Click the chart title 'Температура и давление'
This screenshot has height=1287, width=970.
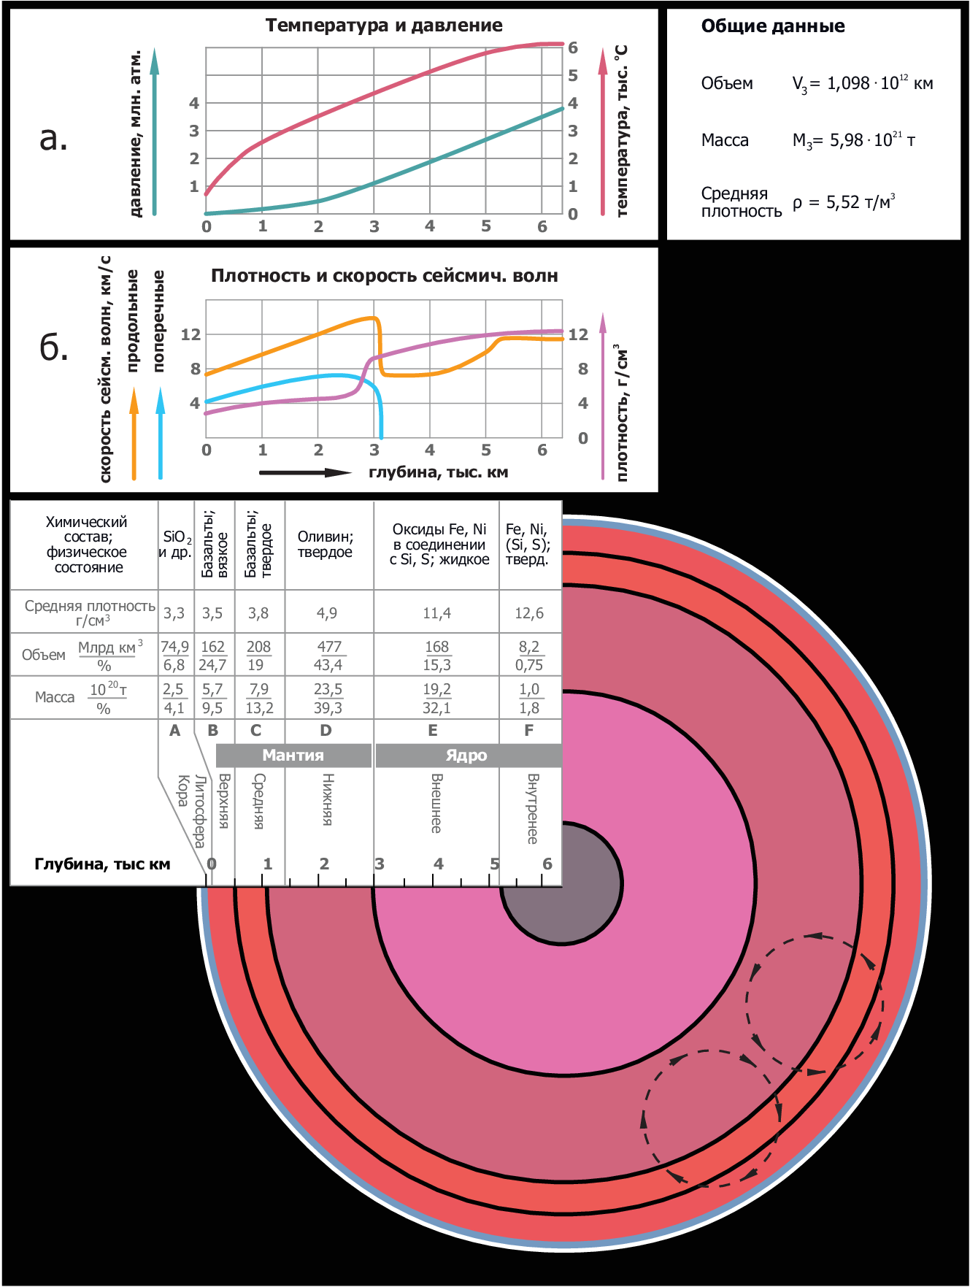pyautogui.click(x=384, y=26)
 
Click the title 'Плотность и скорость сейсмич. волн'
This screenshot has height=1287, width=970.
pyautogui.click(x=384, y=276)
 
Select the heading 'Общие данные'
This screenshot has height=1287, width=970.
pyautogui.click(x=773, y=26)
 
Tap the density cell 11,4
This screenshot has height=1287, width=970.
pyautogui.click(x=436, y=613)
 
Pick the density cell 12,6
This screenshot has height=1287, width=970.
pyautogui.click(x=529, y=613)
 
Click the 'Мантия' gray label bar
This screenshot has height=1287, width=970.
pyautogui.click(x=293, y=756)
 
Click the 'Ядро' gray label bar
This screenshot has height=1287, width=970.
pyautogui.click(x=467, y=756)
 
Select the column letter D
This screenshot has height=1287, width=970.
pyautogui.click(x=326, y=731)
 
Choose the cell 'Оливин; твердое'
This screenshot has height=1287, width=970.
pyautogui.click(x=326, y=545)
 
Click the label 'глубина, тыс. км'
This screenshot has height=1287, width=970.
pyautogui.click(x=438, y=472)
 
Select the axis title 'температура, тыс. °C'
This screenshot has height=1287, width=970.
pyautogui.click(x=622, y=131)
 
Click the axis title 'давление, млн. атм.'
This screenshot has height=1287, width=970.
pyautogui.click(x=135, y=134)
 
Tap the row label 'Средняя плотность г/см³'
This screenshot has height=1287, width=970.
pyautogui.click(x=89, y=612)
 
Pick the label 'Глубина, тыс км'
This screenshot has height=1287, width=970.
pyautogui.click(x=102, y=864)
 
